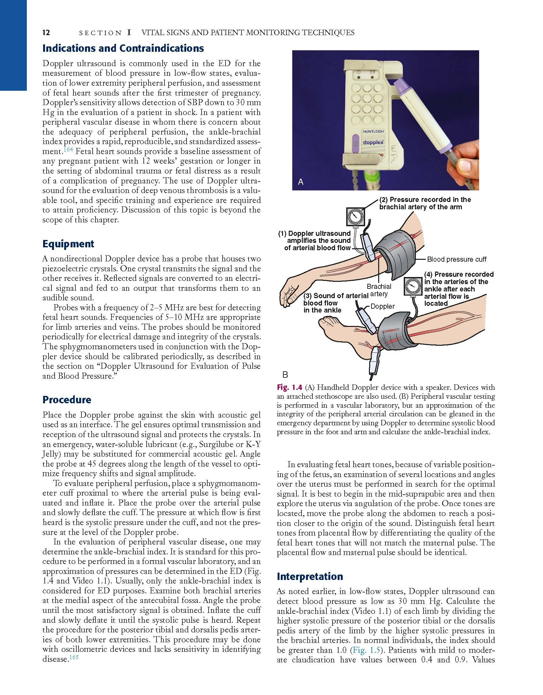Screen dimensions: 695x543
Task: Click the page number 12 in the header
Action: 46,33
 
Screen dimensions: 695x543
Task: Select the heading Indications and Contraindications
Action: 123,49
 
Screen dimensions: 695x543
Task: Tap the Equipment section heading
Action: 68,244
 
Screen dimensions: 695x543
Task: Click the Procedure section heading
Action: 67,400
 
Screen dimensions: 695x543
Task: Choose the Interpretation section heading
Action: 310,576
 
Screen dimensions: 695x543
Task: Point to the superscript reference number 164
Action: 68,150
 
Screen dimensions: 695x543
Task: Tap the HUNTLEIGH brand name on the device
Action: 373,131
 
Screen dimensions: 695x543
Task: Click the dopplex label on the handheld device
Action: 373,142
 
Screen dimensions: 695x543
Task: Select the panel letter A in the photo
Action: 300,182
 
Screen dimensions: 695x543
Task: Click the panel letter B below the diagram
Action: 285,375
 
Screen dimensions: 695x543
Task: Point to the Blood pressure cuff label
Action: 456,259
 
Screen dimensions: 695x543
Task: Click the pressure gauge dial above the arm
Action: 356,217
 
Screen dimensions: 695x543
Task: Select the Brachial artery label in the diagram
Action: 379,290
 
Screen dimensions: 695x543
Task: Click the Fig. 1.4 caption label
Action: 289,388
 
